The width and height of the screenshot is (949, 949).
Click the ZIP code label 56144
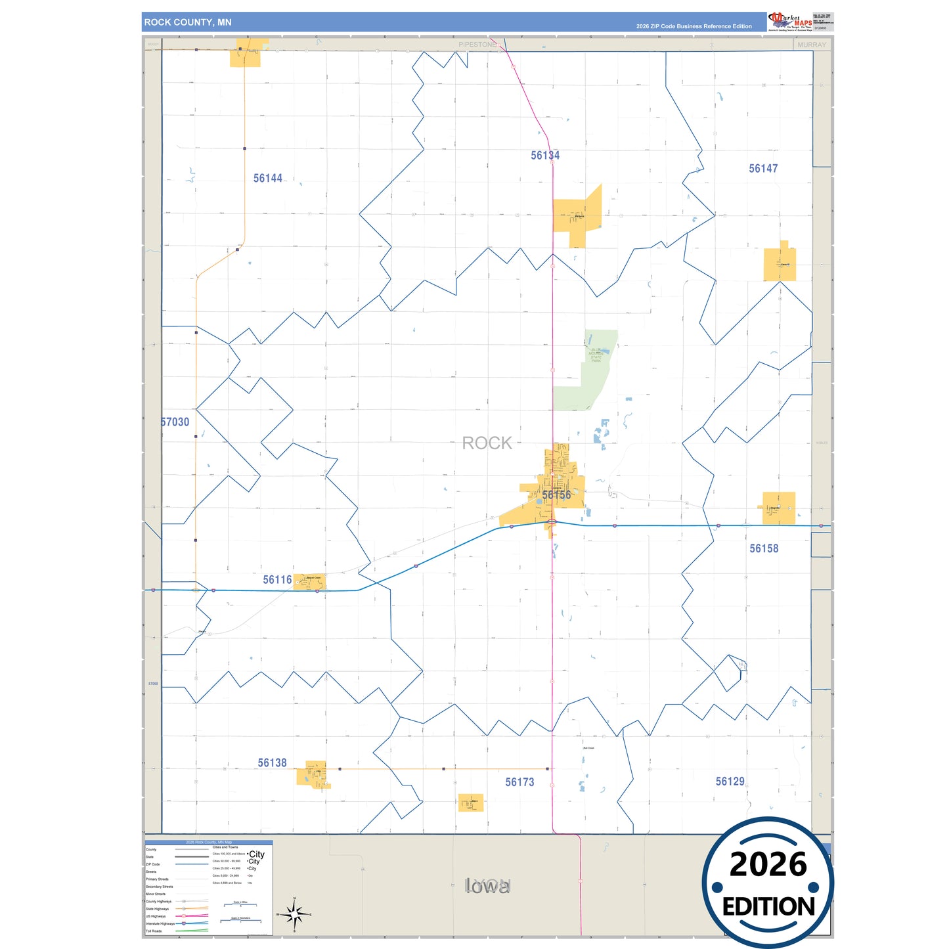tap(268, 178)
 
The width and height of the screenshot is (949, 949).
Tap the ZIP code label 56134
tap(545, 156)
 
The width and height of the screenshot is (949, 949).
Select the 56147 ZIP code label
tap(763, 169)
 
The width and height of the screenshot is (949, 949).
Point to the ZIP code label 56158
tap(764, 548)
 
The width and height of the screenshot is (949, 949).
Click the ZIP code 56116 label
tap(277, 580)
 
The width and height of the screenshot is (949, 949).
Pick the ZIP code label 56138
tap(272, 763)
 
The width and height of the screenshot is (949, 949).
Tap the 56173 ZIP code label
tap(519, 782)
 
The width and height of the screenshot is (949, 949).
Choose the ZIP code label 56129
tap(730, 782)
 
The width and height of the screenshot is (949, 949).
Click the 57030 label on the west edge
tap(175, 422)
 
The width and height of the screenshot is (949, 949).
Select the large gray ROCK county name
tap(487, 443)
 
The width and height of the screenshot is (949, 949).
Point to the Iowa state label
tap(487, 887)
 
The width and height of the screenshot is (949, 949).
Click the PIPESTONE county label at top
tap(477, 45)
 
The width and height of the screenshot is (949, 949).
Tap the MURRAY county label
tap(811, 45)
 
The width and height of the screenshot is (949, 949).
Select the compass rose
tap(294, 914)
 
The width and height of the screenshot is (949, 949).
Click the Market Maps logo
tap(789, 22)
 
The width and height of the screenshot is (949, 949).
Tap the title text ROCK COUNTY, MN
tap(188, 22)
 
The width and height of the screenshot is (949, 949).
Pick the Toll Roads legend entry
tap(154, 931)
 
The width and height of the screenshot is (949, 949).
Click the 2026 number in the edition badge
tap(768, 864)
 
